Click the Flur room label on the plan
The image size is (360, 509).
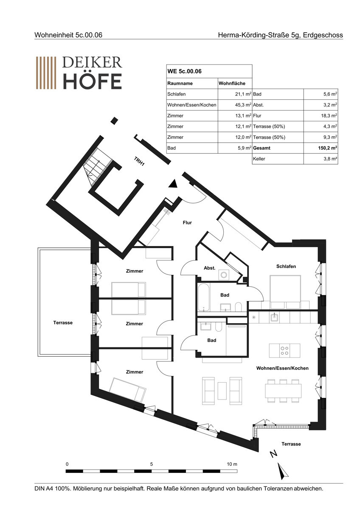click(x=187, y=223)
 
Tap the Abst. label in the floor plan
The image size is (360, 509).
click(x=209, y=268)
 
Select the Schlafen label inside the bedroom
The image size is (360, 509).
click(x=286, y=266)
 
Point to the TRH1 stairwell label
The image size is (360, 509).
click(x=139, y=161)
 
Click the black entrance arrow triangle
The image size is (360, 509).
click(x=173, y=184)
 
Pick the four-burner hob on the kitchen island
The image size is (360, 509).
click(x=284, y=351)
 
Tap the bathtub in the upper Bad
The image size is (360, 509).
click(x=203, y=297)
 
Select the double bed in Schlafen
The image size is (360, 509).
click(x=285, y=292)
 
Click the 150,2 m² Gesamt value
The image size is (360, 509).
click(x=327, y=148)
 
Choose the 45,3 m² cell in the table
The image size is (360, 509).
click(x=243, y=105)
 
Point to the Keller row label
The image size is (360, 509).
click(x=259, y=159)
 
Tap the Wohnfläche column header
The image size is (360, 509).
click(x=232, y=84)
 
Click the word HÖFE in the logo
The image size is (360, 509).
click(x=92, y=81)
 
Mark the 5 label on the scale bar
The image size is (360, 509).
click(x=152, y=464)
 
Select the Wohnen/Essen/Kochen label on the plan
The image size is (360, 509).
click(x=282, y=368)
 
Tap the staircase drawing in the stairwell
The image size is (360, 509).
click(x=98, y=167)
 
